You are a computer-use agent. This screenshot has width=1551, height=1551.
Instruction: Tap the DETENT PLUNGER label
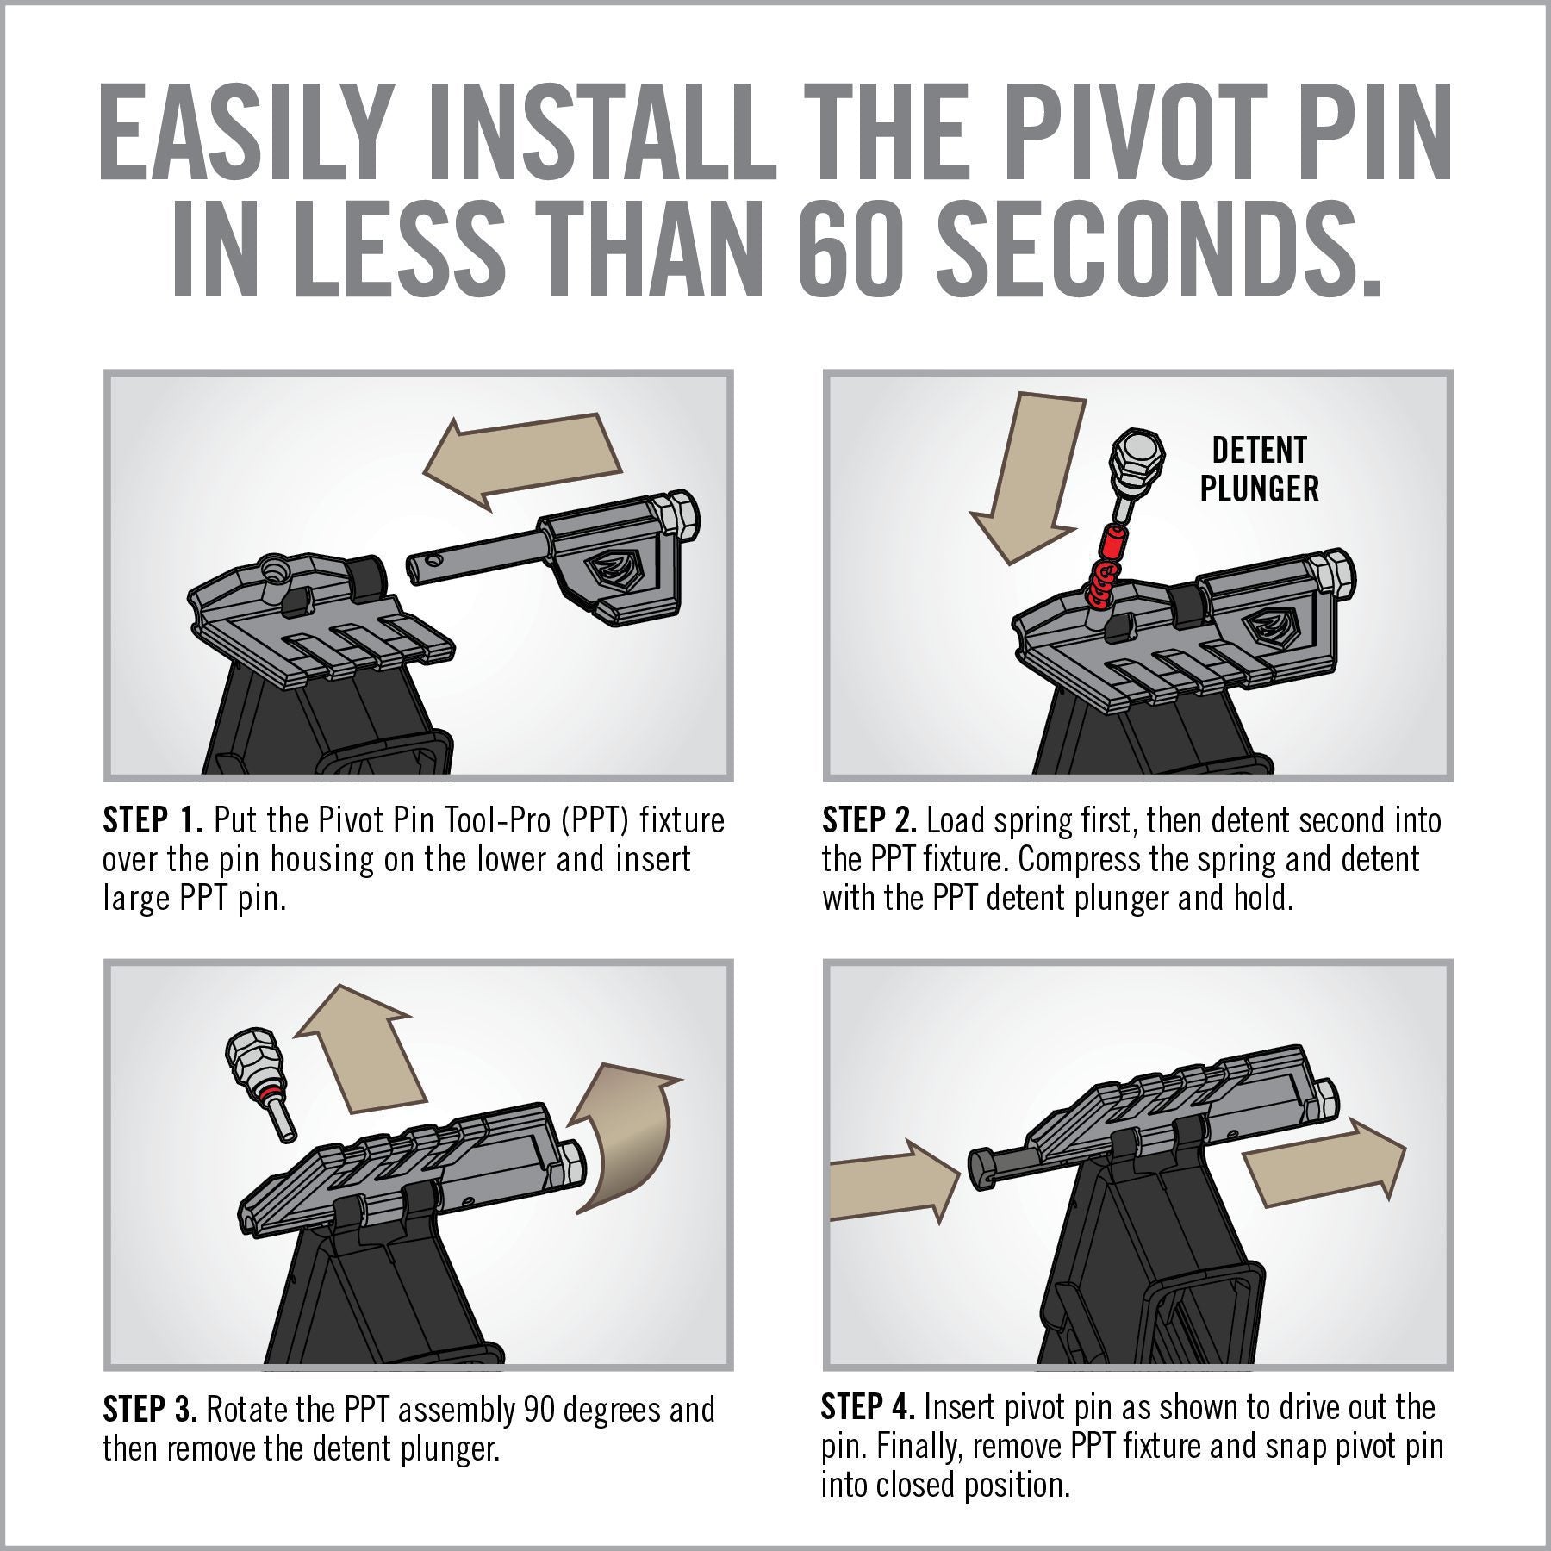[x=1259, y=470]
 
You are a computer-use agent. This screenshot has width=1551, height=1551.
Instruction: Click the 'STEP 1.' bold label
[x=153, y=819]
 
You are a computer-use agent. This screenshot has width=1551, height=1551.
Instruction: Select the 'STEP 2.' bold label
[x=869, y=819]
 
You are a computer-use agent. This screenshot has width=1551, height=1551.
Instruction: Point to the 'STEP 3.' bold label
[x=151, y=1411]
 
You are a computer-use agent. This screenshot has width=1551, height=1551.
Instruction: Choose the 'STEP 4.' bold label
[x=868, y=1408]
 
